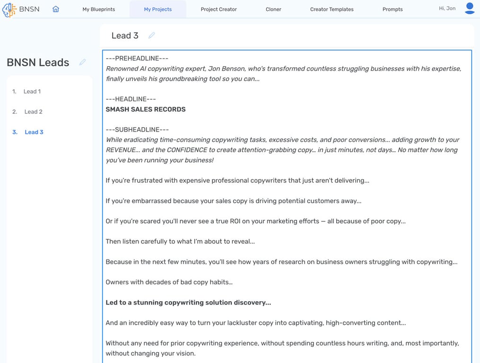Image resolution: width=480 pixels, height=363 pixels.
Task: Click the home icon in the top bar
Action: point(56,9)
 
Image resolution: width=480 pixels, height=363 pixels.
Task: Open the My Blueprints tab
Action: point(99,9)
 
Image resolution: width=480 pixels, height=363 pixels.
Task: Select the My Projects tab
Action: point(158,9)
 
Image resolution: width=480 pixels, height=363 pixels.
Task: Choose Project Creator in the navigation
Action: point(218,9)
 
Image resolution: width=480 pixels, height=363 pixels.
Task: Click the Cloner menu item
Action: point(273,9)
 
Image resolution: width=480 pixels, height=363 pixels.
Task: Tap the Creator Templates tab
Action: point(332,9)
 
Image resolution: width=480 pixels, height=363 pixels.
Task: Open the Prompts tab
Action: point(393,9)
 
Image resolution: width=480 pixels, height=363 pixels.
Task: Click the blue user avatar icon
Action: point(470,9)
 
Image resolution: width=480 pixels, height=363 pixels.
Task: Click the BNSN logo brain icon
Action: point(9,9)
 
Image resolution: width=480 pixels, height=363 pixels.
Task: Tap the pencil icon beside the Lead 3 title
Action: point(152,35)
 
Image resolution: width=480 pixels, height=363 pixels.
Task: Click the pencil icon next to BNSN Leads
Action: point(83,62)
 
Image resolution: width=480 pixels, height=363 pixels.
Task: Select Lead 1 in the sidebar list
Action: point(32,92)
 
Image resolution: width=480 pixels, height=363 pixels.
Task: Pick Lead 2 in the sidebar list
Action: point(33,112)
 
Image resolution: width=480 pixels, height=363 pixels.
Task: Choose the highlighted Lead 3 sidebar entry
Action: point(34,132)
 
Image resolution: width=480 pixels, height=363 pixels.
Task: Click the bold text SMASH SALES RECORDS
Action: point(146,109)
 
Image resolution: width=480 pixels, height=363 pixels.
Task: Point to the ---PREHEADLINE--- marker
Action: point(137,59)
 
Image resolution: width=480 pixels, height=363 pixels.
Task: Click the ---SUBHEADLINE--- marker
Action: point(137,130)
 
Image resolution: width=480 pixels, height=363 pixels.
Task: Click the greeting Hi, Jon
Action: point(447,9)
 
